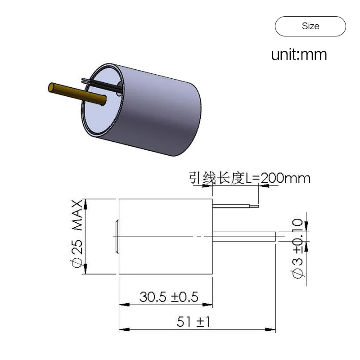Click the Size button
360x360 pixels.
[310, 26]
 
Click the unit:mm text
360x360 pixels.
[299, 54]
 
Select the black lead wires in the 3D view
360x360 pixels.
[102, 85]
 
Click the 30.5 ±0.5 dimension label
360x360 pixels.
[169, 297]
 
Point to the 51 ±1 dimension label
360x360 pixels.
[193, 321]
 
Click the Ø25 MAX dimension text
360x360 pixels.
[77, 234]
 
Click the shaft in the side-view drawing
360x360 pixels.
[244, 237]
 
